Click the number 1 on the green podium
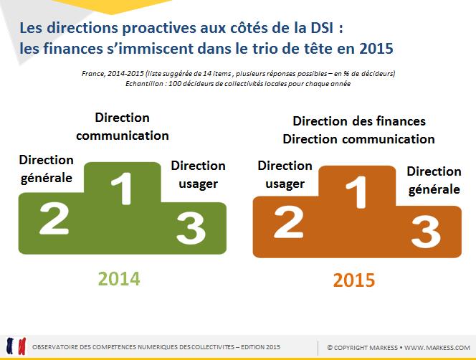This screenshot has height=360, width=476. point(122,189)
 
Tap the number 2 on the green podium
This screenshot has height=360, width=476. point(54,219)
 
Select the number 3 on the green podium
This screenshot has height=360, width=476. point(191,228)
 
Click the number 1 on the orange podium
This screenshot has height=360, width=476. point(357,192)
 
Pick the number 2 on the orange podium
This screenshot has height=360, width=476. point(289,222)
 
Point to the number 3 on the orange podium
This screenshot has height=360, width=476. point(426,232)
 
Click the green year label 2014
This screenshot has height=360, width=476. point(119,278)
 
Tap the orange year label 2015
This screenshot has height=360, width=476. point(354,280)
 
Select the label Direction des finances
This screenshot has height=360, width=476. point(359,121)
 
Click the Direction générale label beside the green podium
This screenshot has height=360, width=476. point(46,169)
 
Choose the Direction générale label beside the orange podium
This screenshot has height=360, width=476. point(434,181)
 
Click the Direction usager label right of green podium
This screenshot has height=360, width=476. point(199,175)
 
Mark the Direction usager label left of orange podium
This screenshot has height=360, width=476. point(285,175)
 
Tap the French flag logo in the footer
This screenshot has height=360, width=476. point(16,346)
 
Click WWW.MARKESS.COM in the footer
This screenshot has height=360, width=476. point(437,348)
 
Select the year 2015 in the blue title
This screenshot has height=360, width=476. point(376,49)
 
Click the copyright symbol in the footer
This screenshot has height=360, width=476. point(330,348)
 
